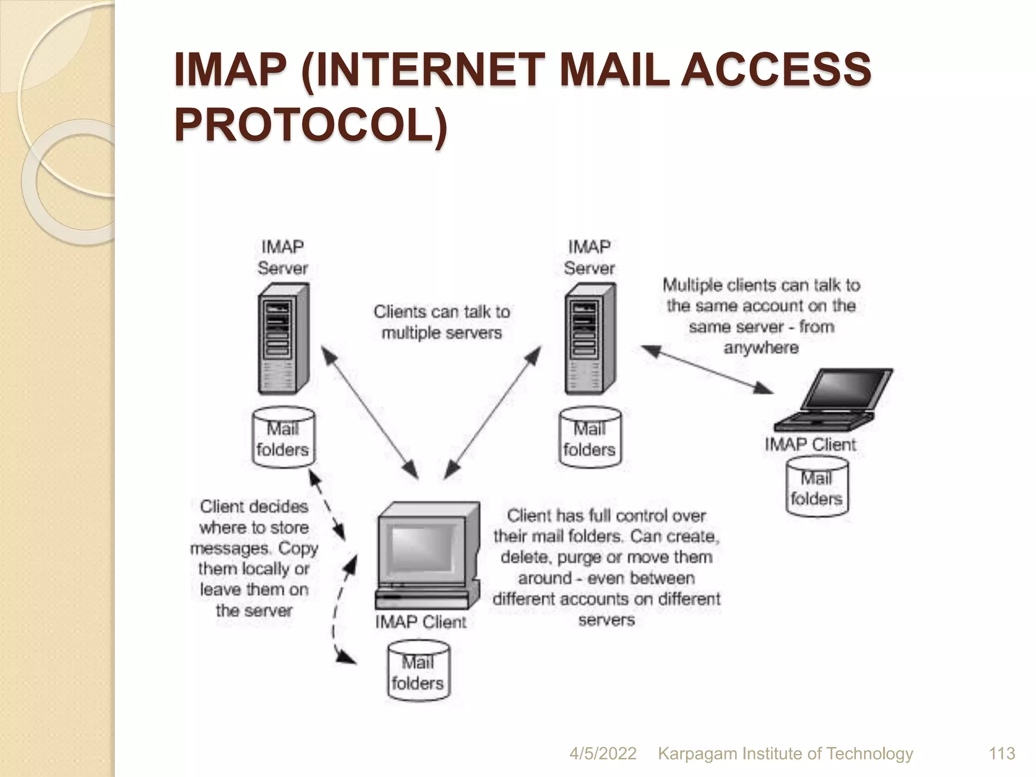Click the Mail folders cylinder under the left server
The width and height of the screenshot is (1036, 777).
(x=283, y=438)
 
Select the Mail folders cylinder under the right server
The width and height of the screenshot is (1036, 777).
(x=590, y=438)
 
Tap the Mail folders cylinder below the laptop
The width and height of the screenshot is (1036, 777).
(x=816, y=487)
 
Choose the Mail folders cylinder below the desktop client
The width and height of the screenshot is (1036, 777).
(x=418, y=672)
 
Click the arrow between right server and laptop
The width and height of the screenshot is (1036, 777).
(x=708, y=369)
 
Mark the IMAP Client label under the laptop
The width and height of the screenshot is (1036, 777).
(x=810, y=445)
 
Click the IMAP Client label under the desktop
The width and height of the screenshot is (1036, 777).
(x=420, y=622)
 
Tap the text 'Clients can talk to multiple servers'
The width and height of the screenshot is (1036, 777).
(x=442, y=322)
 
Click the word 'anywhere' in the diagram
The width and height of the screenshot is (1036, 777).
(x=761, y=348)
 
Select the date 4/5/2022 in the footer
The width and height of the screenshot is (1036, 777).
(x=602, y=753)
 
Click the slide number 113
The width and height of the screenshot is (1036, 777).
(x=1002, y=753)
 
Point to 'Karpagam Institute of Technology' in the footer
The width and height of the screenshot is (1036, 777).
(x=785, y=753)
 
